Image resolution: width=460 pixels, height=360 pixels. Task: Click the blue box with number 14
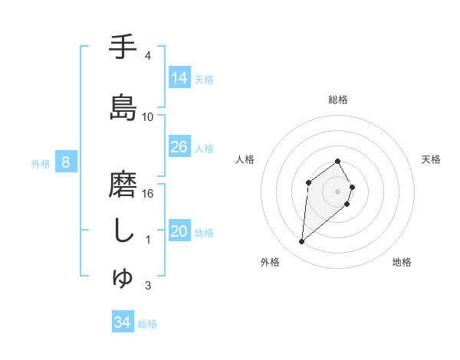click(x=179, y=78)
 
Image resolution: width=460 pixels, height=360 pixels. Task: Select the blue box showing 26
click(x=179, y=147)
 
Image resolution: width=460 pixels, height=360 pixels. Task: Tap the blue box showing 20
click(x=179, y=232)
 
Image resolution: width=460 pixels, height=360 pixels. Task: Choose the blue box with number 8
click(x=66, y=162)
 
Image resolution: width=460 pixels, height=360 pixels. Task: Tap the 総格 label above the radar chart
click(x=338, y=100)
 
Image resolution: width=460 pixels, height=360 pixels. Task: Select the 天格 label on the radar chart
click(x=432, y=159)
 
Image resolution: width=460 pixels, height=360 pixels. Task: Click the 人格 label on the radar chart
click(x=245, y=159)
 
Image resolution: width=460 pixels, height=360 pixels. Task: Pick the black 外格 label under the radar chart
click(x=269, y=262)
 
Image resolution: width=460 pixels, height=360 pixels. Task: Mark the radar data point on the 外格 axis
click(x=302, y=242)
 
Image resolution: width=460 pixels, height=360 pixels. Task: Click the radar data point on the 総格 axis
click(x=338, y=161)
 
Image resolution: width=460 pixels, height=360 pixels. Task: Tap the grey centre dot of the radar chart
click(x=338, y=191)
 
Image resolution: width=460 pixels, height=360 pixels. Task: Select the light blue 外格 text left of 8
click(x=40, y=163)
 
